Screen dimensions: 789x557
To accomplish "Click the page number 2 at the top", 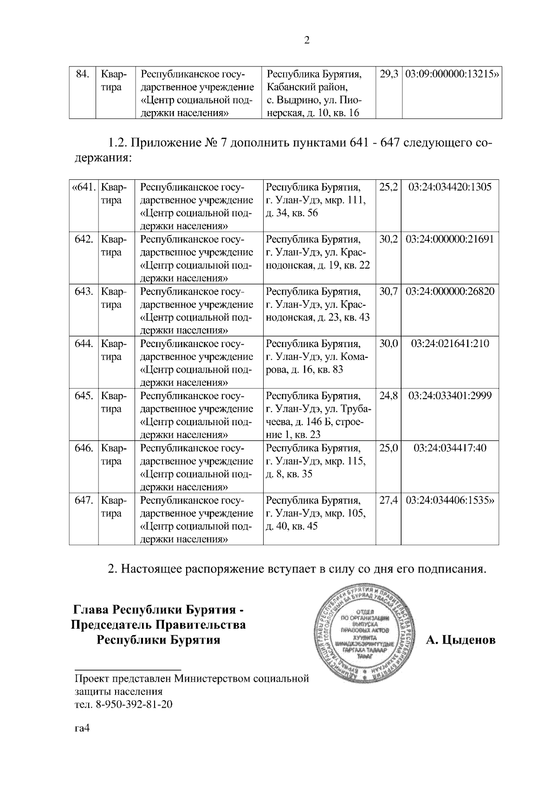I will point(306,41).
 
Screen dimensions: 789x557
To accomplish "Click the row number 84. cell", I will point(82,74).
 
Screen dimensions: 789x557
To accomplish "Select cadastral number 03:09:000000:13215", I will point(450,74).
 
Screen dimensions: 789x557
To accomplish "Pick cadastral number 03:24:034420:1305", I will point(450,187).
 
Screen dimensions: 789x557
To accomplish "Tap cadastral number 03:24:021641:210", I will point(450,344).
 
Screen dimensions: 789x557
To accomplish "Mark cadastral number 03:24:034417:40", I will point(450,448).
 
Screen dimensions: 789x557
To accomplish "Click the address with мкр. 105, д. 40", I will point(316,513).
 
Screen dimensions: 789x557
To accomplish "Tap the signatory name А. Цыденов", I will point(460,640).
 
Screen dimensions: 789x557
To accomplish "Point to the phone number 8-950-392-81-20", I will point(134,704).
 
